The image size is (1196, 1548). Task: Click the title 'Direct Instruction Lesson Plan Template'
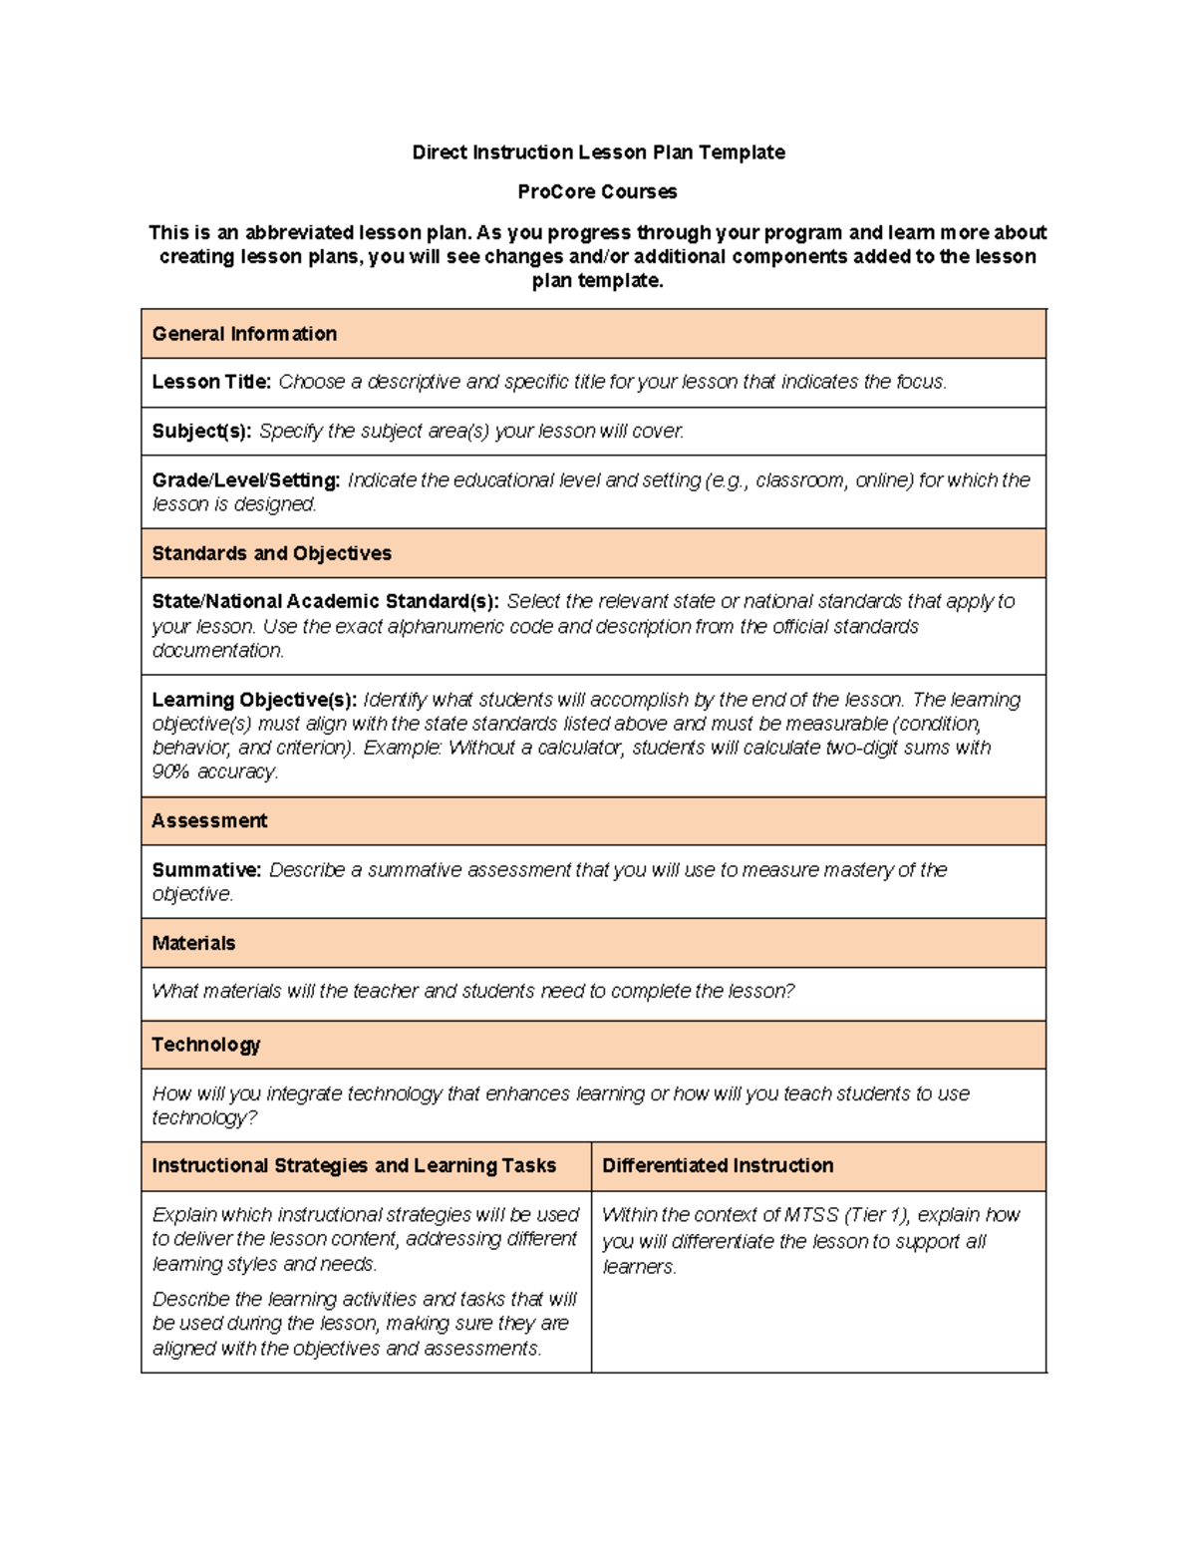coord(598,153)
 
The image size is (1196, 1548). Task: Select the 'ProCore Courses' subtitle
coord(597,191)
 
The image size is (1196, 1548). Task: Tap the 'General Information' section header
coord(244,334)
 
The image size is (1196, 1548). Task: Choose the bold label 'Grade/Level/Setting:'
coord(246,480)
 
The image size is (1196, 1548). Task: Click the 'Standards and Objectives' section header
coord(271,553)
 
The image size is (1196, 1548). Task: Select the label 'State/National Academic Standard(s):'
coord(325,602)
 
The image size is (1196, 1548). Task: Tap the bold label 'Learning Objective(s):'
coord(254,700)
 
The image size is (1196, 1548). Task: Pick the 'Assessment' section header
coord(209,821)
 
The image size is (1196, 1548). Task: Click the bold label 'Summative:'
coord(206,870)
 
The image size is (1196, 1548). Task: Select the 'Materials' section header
coord(193,944)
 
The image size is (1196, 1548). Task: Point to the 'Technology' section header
coord(205,1045)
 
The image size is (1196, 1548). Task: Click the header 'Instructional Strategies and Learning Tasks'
coord(354,1166)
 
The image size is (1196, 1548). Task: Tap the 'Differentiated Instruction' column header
coord(718,1166)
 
